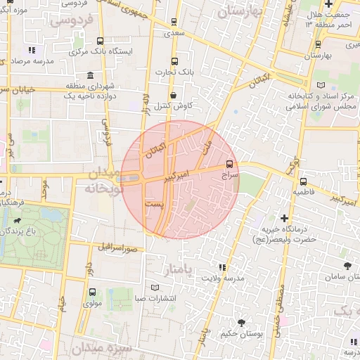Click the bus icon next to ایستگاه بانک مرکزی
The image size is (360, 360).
point(101,41)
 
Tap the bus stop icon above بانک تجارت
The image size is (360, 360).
point(175,61)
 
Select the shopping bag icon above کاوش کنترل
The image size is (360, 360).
point(173,95)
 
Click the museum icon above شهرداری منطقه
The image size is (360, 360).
point(90,75)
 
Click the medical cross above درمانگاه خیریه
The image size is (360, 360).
point(284,218)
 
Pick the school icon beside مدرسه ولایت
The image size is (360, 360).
point(223,268)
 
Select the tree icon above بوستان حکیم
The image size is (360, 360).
point(242,323)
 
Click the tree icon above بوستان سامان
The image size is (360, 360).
point(347,265)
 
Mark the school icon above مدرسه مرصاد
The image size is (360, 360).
point(31,50)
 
